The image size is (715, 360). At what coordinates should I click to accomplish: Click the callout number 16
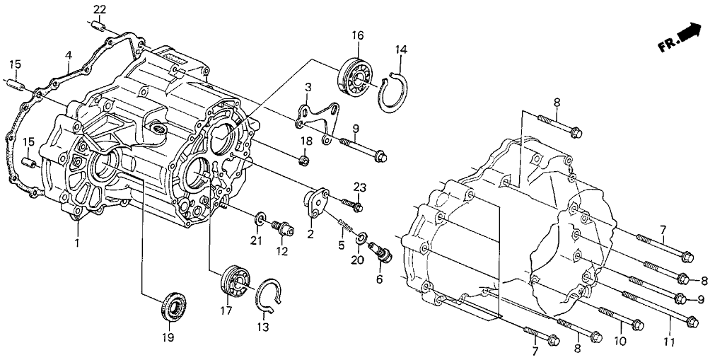tap(357, 35)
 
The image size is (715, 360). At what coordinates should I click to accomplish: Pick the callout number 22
tap(100, 8)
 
